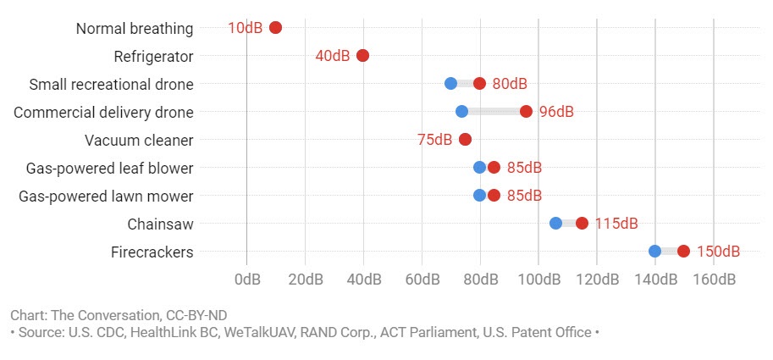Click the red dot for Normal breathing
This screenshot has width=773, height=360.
275,28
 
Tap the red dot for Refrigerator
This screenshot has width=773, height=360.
362,56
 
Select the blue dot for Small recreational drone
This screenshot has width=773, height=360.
450,83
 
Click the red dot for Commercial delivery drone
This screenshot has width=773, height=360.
526,112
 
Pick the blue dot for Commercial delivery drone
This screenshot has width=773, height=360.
461,112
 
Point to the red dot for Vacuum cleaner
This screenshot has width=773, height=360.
465,140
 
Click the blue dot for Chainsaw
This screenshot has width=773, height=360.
555,224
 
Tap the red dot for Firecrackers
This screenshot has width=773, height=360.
683,252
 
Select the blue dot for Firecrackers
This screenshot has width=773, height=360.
654,252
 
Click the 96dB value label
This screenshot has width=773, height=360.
556,112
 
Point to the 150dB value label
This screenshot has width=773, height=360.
718,252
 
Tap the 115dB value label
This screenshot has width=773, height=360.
616,224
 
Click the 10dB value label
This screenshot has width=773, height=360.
245,28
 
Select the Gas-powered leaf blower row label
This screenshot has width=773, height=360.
106,168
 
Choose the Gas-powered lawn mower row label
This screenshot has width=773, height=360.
106,196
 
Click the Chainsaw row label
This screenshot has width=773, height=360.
160,224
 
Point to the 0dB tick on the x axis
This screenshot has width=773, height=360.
247,279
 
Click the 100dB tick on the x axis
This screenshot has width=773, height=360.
538,279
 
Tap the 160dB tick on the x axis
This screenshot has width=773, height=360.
714,279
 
